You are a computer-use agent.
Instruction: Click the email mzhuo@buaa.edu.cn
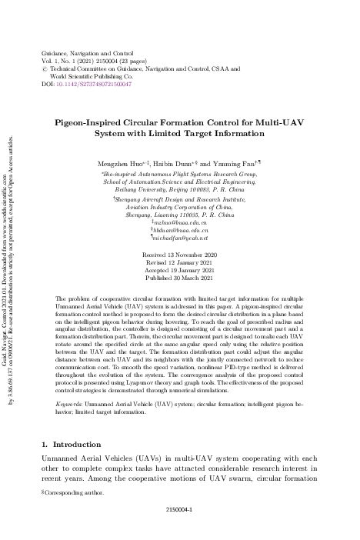[x=181, y=222]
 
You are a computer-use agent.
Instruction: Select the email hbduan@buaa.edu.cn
[x=181, y=230]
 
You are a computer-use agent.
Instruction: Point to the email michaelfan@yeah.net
[x=182, y=238]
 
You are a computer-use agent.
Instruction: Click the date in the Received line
[x=195, y=253]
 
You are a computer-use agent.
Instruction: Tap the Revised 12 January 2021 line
[x=179, y=261]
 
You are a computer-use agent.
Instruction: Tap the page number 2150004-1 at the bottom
[x=179, y=530]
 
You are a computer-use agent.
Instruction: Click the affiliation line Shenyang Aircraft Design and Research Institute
[x=181, y=198]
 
